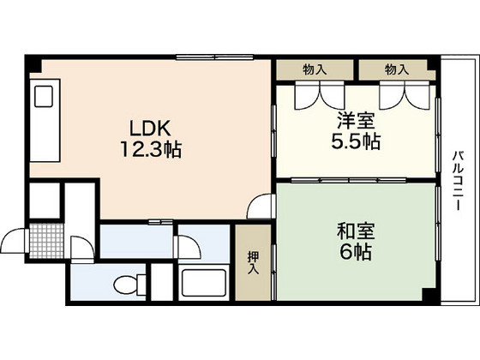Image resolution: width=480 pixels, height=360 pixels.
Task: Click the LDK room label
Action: point(153,129)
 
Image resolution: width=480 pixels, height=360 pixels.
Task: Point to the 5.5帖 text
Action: point(356,142)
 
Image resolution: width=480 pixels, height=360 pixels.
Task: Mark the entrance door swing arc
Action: point(12,243)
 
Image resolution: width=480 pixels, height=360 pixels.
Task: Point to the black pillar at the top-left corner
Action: point(32,63)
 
